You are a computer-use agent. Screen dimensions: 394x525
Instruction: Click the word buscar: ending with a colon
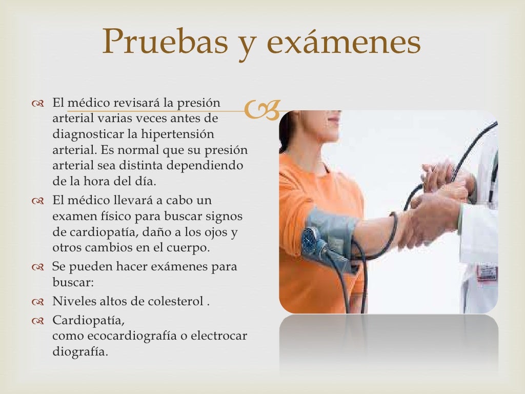[72, 283]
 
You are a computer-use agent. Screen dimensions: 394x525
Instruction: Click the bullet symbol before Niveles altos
[39, 302]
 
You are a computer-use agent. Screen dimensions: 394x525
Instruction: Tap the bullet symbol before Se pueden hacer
[39, 267]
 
